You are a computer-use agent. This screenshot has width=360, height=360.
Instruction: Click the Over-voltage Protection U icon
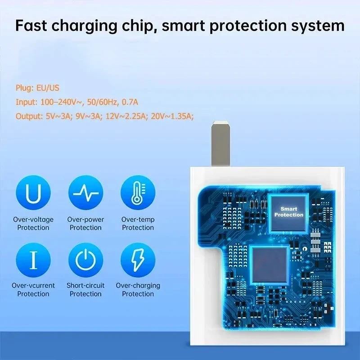tap(33, 193)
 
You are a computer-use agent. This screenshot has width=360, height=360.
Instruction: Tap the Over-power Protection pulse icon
tap(85, 193)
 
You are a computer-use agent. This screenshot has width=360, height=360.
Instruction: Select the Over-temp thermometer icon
tap(138, 193)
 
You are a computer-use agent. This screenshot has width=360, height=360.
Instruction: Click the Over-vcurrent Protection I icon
tap(33, 260)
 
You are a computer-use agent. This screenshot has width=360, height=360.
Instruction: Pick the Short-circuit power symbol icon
tap(85, 260)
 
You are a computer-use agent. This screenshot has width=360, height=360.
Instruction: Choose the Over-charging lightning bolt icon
tap(138, 260)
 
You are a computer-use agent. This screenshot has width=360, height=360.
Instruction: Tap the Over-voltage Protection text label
tap(33, 224)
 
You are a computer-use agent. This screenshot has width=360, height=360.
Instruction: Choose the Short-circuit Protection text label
tap(85, 289)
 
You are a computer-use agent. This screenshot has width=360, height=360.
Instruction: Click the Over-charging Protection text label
tap(138, 289)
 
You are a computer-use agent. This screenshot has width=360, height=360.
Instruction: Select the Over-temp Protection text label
tap(138, 224)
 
